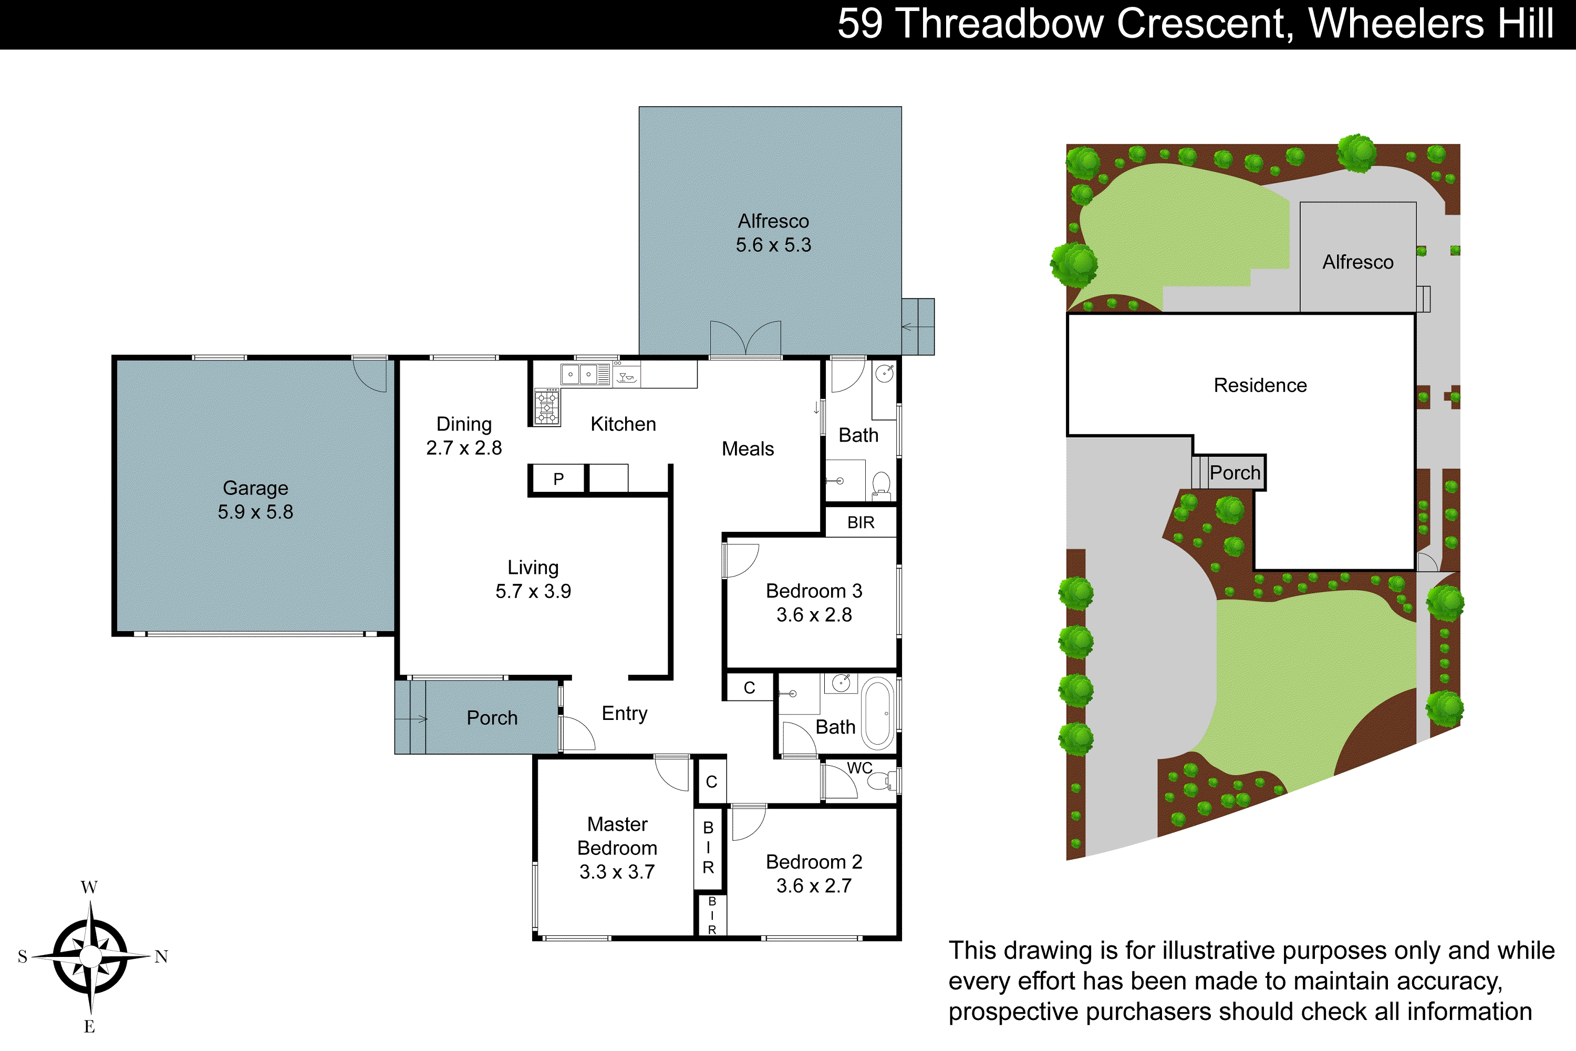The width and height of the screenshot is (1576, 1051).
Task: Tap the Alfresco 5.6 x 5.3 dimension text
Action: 773,245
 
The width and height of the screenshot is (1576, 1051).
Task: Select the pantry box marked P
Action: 558,479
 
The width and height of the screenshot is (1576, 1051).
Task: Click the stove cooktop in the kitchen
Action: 547,407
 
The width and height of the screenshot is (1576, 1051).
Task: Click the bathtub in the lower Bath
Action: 878,714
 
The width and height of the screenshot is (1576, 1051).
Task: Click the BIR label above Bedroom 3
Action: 860,523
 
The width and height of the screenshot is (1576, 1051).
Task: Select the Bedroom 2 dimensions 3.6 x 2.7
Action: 813,886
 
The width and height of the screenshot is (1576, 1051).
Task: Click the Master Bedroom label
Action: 617,836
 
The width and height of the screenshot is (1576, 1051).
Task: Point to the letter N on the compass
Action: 161,956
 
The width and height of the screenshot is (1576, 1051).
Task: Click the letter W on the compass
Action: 89,888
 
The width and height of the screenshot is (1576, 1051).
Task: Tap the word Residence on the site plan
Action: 1260,385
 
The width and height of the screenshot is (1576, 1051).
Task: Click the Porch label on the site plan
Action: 1234,472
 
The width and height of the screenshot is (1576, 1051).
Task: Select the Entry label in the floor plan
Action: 625,713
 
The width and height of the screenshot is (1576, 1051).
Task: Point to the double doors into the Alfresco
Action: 745,338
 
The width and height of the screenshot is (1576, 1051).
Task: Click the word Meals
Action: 747,449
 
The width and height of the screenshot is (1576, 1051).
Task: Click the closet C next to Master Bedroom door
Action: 712,781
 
